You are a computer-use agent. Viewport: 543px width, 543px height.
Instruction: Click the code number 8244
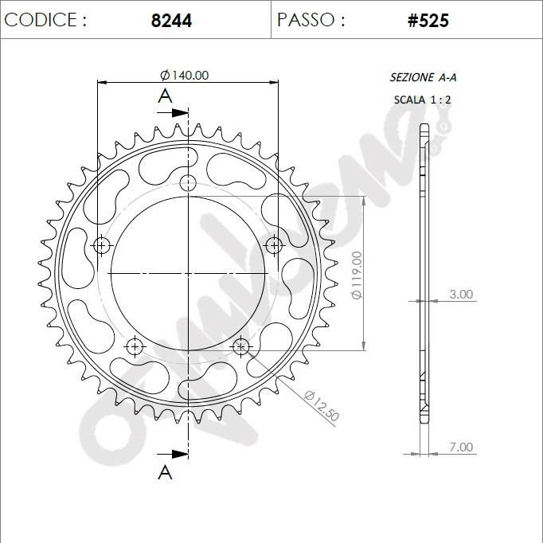point(171,21)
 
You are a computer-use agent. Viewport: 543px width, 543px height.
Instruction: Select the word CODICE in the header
point(41,19)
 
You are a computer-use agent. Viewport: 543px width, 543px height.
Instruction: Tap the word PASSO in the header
point(306,19)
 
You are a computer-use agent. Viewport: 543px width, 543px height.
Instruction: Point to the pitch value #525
point(428,21)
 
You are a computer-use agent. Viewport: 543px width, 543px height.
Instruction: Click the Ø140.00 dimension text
point(185,75)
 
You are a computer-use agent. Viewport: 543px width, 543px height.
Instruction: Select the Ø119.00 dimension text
point(357,275)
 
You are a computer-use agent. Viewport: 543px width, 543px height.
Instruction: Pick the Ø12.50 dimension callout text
point(322,406)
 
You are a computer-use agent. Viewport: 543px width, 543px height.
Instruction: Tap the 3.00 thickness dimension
point(461,294)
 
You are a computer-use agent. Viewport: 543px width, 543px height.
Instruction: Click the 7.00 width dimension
point(461,447)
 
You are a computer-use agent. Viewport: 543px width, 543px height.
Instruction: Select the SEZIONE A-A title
point(423,77)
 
